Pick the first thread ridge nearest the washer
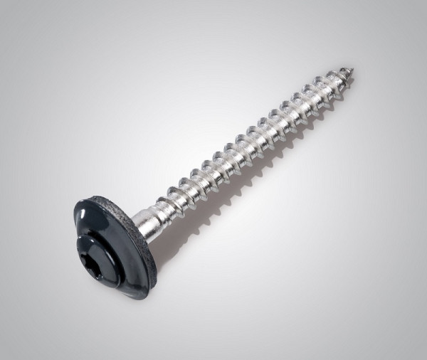point(171,196)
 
